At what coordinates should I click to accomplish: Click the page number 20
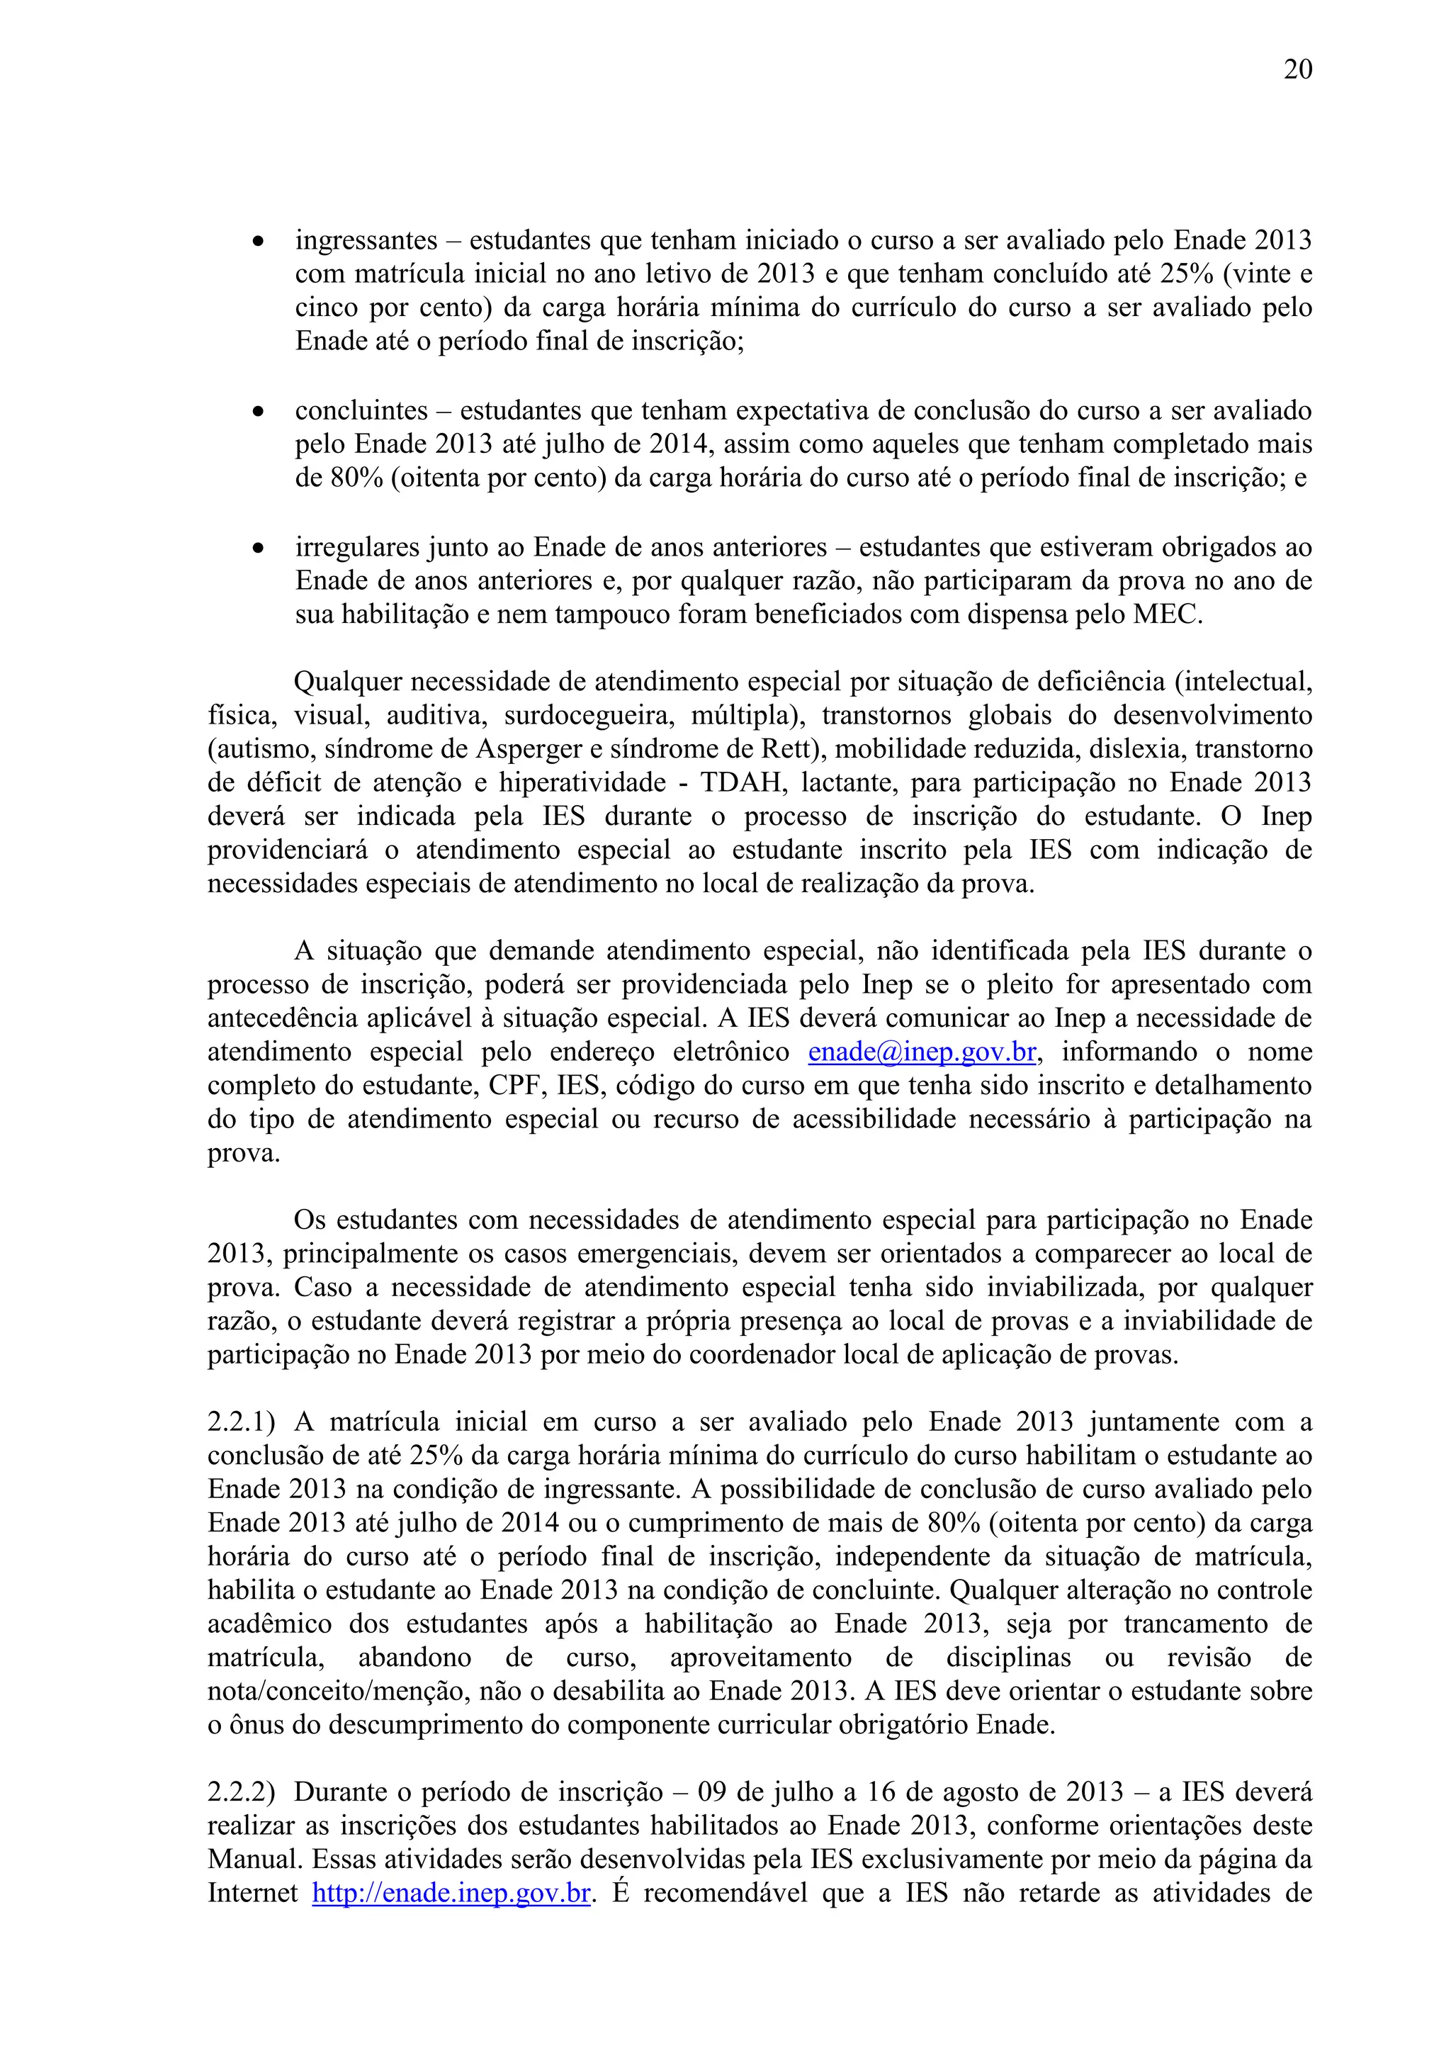[1297, 69]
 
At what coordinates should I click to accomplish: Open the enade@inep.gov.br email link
[922, 1052]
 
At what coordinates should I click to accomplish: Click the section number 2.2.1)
[242, 1422]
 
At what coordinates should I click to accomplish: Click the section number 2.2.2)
[242, 1793]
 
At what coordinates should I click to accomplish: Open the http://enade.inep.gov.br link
[451, 1894]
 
